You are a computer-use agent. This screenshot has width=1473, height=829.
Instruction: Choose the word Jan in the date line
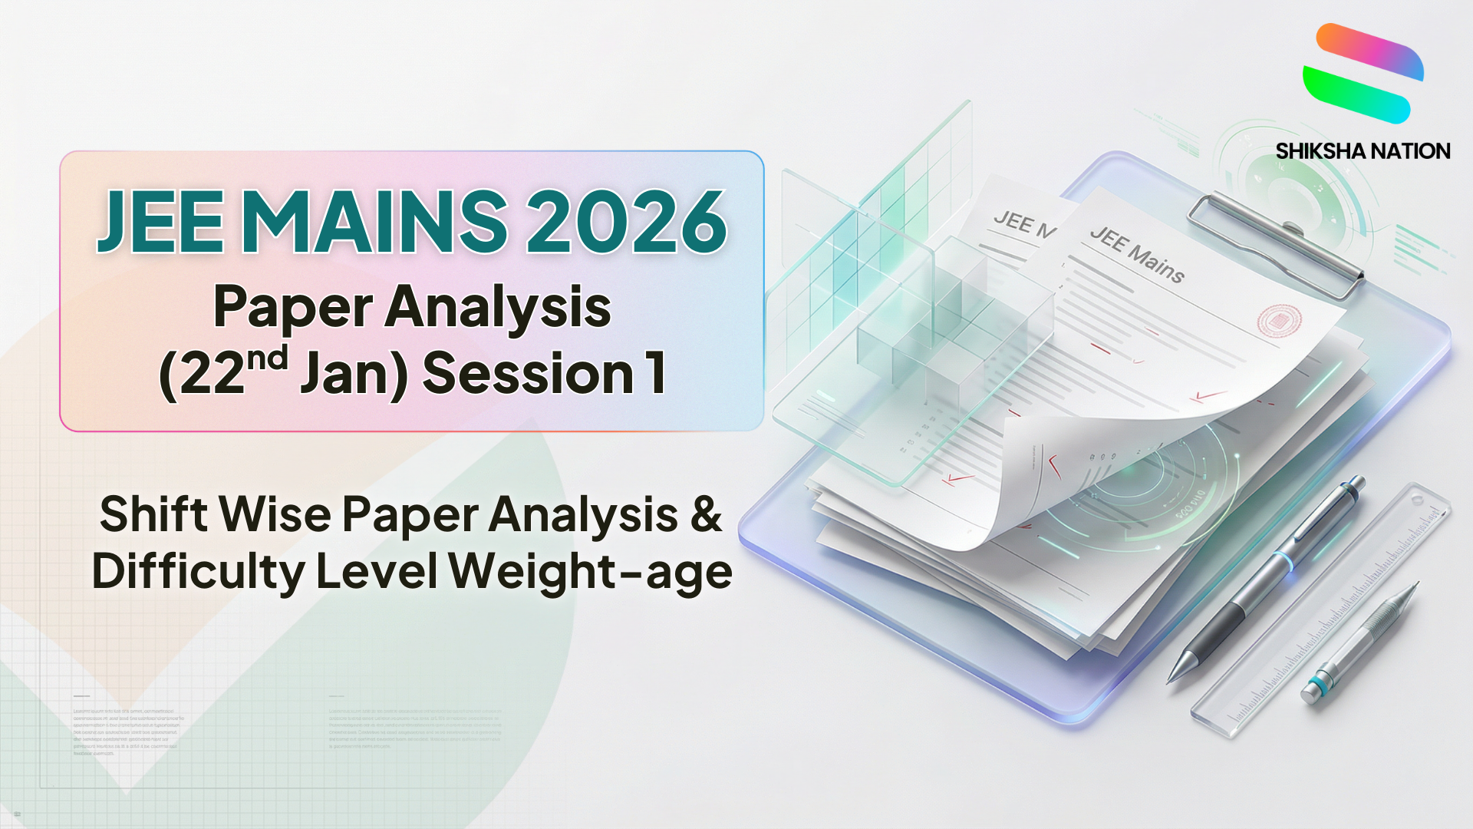(x=350, y=375)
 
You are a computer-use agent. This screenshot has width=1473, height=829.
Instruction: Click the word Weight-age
(x=591, y=572)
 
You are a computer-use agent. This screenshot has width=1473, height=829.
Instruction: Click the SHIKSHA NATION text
(x=1363, y=151)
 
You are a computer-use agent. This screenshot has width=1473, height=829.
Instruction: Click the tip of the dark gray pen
(x=1174, y=675)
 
